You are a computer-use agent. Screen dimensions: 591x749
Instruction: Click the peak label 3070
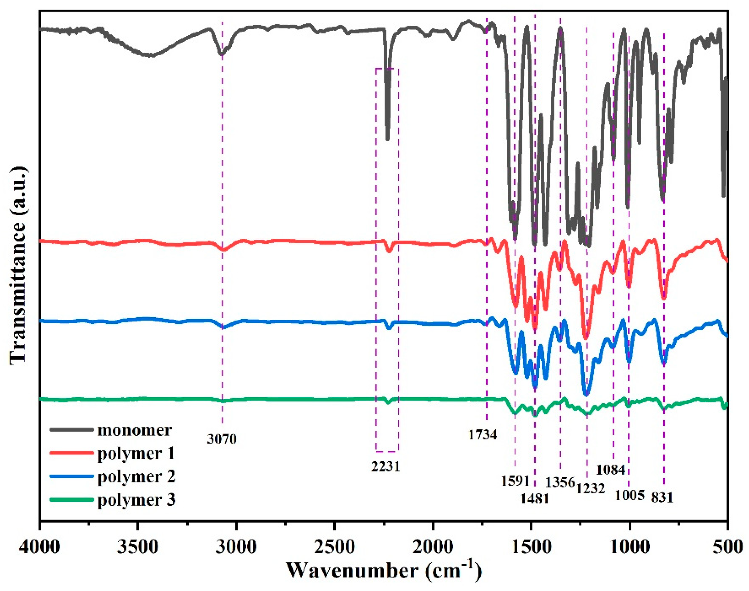point(222,439)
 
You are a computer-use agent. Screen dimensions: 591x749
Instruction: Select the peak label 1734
point(483,434)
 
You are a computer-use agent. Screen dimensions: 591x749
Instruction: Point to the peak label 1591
point(515,481)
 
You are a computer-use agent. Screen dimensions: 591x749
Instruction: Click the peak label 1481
point(535,498)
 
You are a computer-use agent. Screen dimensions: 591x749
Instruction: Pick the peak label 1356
point(560,482)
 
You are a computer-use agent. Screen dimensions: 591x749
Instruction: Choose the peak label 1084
point(610,470)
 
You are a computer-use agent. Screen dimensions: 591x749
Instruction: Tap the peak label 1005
point(630,495)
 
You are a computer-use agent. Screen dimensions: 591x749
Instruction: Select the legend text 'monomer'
point(134,430)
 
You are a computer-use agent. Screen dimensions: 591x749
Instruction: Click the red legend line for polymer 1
point(72,453)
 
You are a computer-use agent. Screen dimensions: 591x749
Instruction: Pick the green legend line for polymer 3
point(72,500)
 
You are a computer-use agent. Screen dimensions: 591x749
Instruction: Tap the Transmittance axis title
point(18,265)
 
